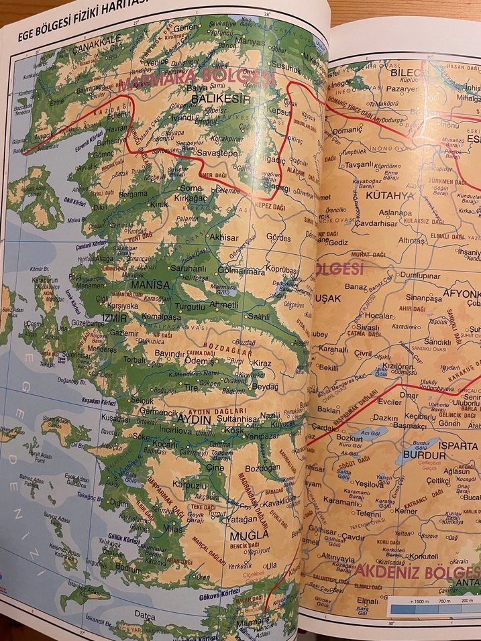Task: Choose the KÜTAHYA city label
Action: pyautogui.click(x=390, y=195)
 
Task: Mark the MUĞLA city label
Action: pyautogui.click(x=250, y=535)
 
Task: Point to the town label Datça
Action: pyautogui.click(x=144, y=613)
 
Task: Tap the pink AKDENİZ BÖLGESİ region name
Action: pyautogui.click(x=417, y=571)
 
